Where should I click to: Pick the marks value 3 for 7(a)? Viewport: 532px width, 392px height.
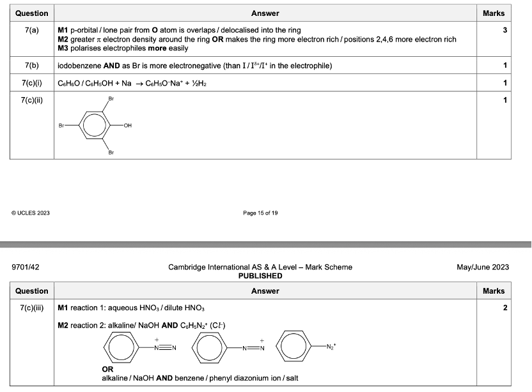[x=505, y=30]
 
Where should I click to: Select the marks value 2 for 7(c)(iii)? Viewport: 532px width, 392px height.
[x=505, y=308]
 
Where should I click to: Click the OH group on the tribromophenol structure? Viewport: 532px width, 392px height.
[x=128, y=126]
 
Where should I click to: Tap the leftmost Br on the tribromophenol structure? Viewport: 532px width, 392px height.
[x=63, y=126]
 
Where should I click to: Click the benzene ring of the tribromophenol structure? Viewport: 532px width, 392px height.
[x=95, y=126]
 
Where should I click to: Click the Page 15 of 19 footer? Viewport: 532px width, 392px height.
[x=260, y=213]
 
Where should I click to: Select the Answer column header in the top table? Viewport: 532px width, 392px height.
[x=265, y=13]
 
